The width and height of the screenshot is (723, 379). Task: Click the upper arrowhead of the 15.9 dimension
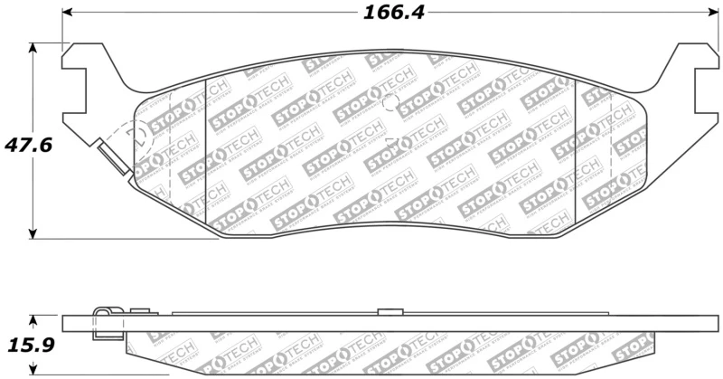click(x=33, y=319)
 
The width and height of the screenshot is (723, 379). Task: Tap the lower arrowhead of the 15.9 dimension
click(x=33, y=370)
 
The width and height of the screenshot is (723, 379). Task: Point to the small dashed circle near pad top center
click(x=390, y=103)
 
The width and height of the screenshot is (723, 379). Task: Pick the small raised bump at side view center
click(x=390, y=311)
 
